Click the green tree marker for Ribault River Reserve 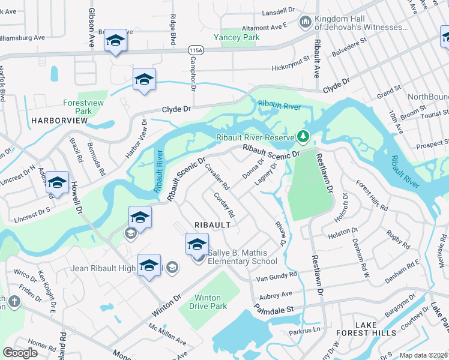[x=303, y=137]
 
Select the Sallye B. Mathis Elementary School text [x=243, y=257]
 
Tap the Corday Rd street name [x=223, y=205]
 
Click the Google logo [x=20, y=353]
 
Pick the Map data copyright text [x=423, y=355]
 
